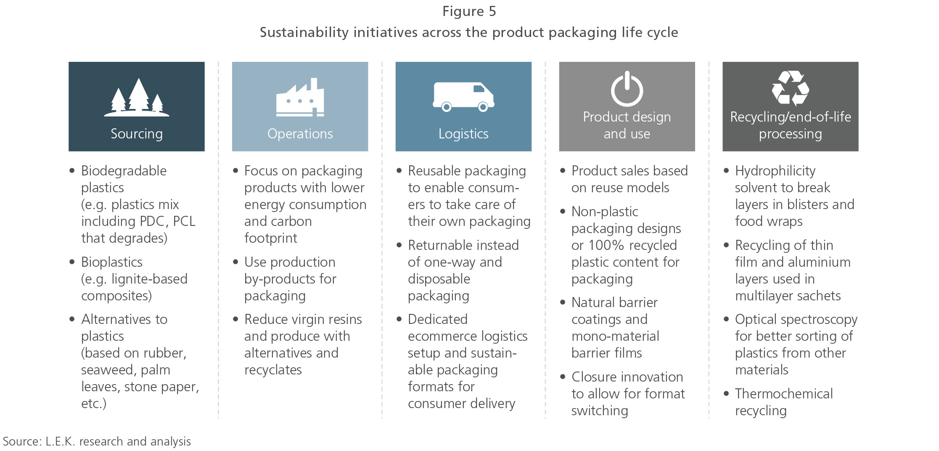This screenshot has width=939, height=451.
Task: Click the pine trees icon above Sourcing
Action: point(137,98)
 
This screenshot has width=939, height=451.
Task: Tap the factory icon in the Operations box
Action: point(300,98)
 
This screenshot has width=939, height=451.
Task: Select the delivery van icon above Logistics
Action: point(463,96)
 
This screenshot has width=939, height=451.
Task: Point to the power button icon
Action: point(627,89)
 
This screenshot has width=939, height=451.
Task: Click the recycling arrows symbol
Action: point(790,88)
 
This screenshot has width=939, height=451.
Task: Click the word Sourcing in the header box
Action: point(137,134)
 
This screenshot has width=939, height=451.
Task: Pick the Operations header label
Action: point(300,134)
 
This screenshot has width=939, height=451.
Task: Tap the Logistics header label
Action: point(463,134)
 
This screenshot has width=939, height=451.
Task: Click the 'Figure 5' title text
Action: point(469,11)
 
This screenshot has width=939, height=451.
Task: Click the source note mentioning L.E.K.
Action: point(97,441)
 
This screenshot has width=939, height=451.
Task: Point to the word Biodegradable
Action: point(124,171)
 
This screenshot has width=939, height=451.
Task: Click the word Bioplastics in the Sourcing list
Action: point(111,262)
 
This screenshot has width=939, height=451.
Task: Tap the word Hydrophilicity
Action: point(775,171)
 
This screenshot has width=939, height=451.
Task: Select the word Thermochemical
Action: point(783,394)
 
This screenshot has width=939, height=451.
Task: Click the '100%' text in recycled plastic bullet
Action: point(607,245)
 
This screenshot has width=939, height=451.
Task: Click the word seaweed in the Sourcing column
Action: point(107,370)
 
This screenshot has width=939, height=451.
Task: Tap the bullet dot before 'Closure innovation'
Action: point(563,377)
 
